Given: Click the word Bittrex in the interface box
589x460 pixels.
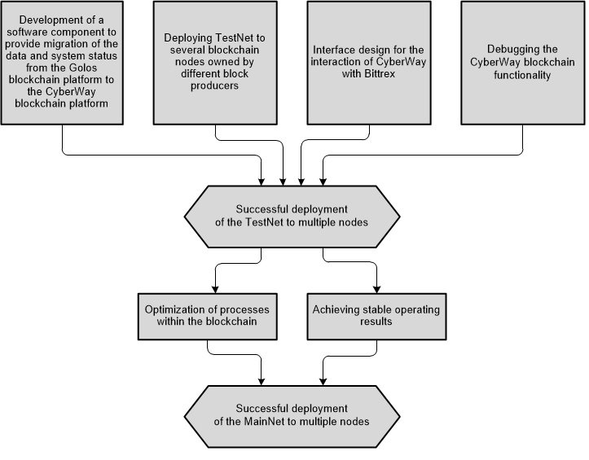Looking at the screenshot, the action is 380,73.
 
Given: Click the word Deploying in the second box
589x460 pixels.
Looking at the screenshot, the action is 188,38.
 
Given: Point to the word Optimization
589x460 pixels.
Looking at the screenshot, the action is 171,310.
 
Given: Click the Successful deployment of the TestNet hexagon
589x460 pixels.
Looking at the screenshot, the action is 292,217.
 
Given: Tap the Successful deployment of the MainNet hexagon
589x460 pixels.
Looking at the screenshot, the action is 292,416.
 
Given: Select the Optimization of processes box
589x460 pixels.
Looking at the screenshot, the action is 208,317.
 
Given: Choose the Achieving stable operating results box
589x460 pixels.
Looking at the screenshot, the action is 376,317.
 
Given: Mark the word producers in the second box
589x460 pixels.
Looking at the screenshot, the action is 214,86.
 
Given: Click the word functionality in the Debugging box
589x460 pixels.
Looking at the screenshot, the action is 522,75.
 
